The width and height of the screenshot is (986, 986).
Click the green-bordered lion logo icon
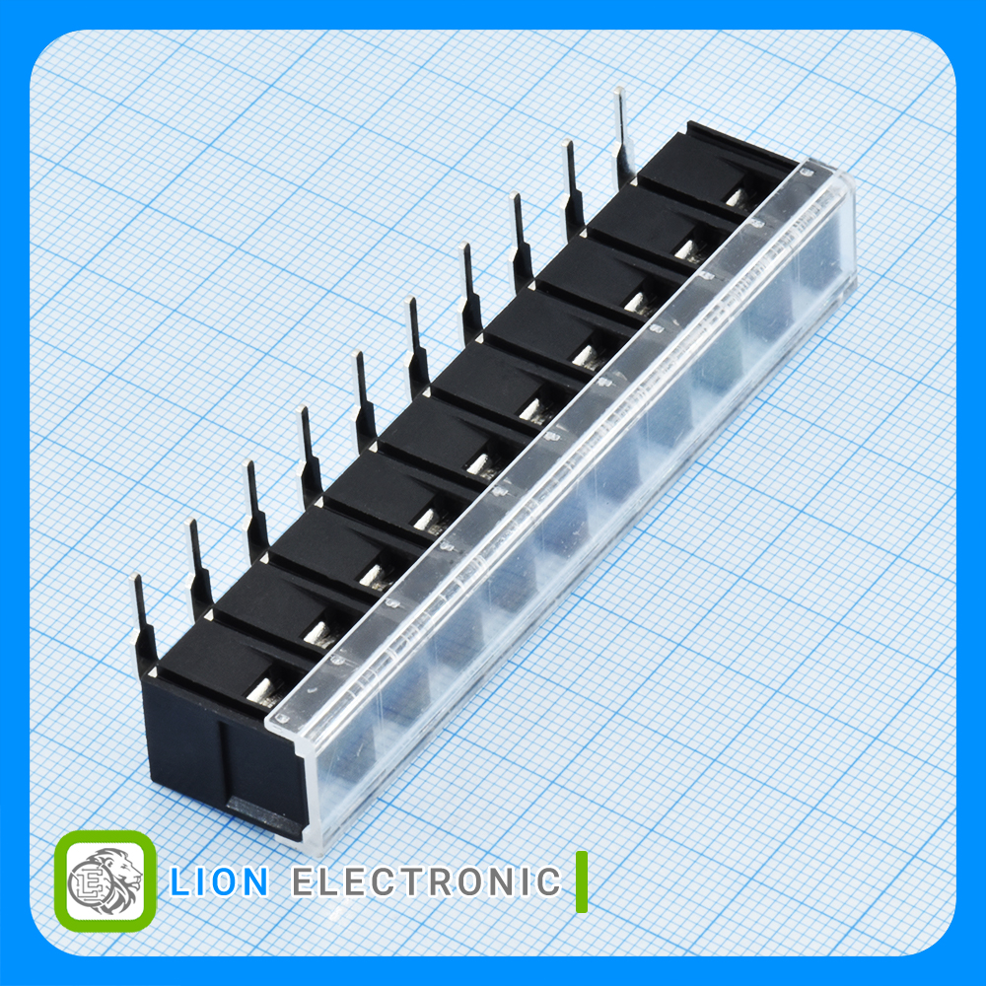coord(106,880)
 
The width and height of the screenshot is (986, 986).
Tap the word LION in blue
coord(220,881)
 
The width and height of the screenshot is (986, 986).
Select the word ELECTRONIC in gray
coord(426,881)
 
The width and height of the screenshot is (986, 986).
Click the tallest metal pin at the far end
coord(622,137)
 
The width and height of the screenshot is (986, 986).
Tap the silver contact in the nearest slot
coord(260,690)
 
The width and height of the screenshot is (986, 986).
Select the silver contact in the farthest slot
coord(735,197)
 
